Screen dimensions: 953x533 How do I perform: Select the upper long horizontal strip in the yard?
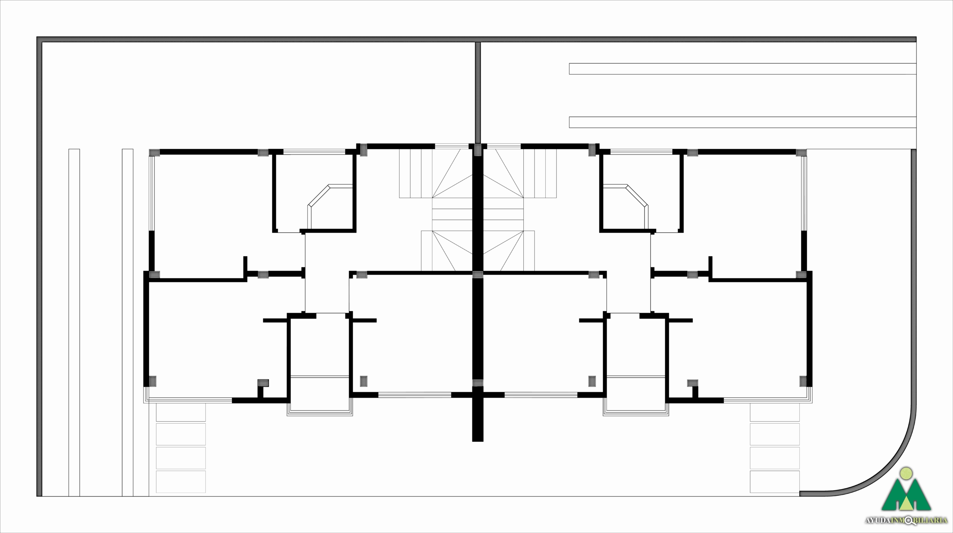(x=742, y=69)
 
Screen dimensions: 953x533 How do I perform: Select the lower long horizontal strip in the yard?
(x=742, y=122)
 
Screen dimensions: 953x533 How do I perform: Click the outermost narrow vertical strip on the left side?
(x=74, y=323)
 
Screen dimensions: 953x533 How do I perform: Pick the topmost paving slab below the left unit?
(x=181, y=412)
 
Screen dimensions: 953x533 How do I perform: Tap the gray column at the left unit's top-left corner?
(x=154, y=152)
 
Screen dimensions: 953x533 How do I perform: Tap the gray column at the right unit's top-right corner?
(x=801, y=152)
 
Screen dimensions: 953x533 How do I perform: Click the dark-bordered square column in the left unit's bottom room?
(x=263, y=383)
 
